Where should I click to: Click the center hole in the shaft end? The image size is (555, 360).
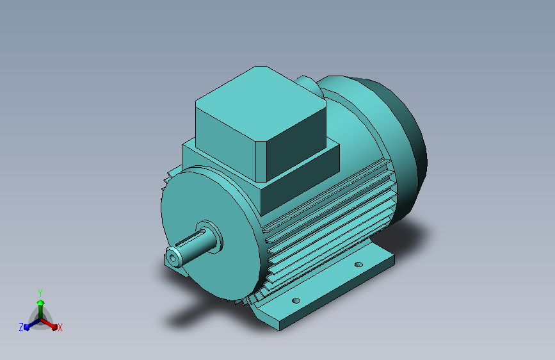pos(172,258)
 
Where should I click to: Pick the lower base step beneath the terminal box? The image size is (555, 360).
pos(301,183)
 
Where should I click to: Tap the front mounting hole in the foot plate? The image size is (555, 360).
pos(296,300)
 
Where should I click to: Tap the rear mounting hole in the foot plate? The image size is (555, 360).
pos(359,264)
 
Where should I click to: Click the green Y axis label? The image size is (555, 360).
pos(40,291)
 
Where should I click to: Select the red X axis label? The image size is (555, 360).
pos(60,327)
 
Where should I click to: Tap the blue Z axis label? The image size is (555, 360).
pos(20,327)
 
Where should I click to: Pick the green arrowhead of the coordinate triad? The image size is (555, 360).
pos(40,302)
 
